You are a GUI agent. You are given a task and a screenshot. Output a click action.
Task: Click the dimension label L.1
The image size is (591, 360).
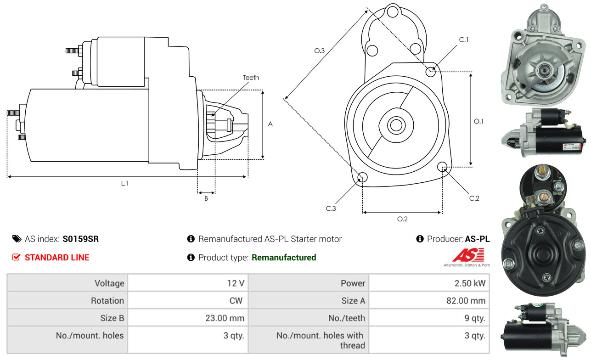(124, 183)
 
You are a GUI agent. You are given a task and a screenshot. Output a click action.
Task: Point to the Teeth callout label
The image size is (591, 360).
(251, 78)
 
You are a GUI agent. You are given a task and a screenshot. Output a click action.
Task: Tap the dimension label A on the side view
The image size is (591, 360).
(270, 124)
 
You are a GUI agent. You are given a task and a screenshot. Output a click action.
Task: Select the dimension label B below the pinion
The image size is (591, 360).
(206, 198)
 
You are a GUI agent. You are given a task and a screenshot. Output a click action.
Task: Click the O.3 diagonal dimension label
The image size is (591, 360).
(320, 51)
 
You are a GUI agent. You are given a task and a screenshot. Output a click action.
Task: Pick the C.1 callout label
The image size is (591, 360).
(464, 40)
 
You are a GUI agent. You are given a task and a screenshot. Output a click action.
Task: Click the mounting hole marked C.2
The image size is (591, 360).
(443, 167)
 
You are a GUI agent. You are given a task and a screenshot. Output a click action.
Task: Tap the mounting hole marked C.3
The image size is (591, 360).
(362, 178)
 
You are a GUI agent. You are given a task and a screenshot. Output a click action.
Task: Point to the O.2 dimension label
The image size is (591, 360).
(402, 219)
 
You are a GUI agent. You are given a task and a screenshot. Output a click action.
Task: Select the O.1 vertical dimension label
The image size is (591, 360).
(479, 121)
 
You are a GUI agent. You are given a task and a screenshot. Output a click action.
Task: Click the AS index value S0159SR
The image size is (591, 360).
(80, 239)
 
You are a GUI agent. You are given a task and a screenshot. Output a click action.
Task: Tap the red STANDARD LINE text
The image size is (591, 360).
(57, 258)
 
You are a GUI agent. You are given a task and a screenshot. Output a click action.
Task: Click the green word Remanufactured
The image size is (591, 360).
(284, 258)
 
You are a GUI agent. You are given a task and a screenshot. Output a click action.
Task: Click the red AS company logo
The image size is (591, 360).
(468, 255)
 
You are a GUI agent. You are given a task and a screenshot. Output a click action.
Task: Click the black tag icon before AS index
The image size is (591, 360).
(17, 239)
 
